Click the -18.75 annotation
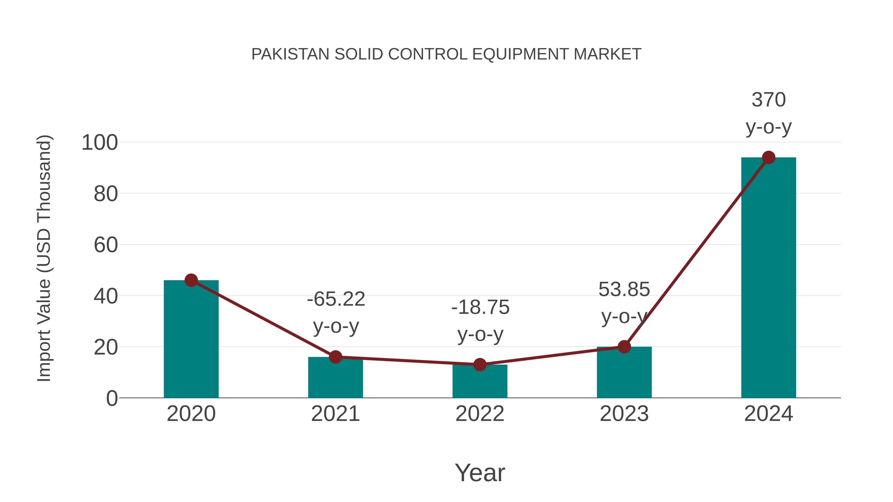480,307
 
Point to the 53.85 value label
624,289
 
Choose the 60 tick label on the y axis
106,245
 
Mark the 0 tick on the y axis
112,398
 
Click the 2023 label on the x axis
624,414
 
